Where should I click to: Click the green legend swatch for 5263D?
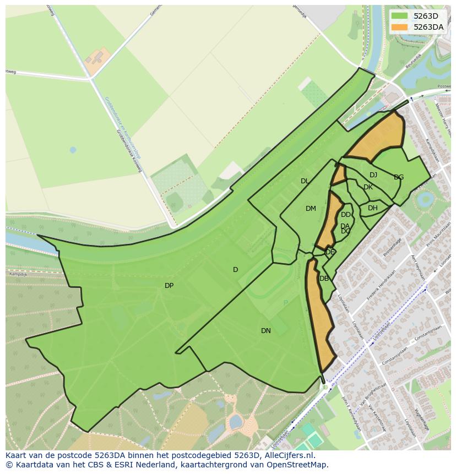click(x=400, y=16)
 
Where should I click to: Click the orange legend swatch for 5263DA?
click(x=400, y=27)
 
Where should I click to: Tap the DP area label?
click(x=169, y=286)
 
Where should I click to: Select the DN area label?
click(x=266, y=331)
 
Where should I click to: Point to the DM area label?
click(x=311, y=209)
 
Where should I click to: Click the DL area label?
click(x=305, y=181)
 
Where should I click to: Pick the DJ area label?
click(x=373, y=175)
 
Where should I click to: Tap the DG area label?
click(x=399, y=177)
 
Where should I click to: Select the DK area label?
click(x=368, y=187)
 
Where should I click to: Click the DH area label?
click(x=373, y=208)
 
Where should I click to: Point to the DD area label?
click(x=346, y=215)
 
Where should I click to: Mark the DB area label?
click(x=324, y=279)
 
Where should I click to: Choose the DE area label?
click(x=330, y=252)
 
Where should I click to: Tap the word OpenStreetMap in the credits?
click(x=300, y=465)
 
